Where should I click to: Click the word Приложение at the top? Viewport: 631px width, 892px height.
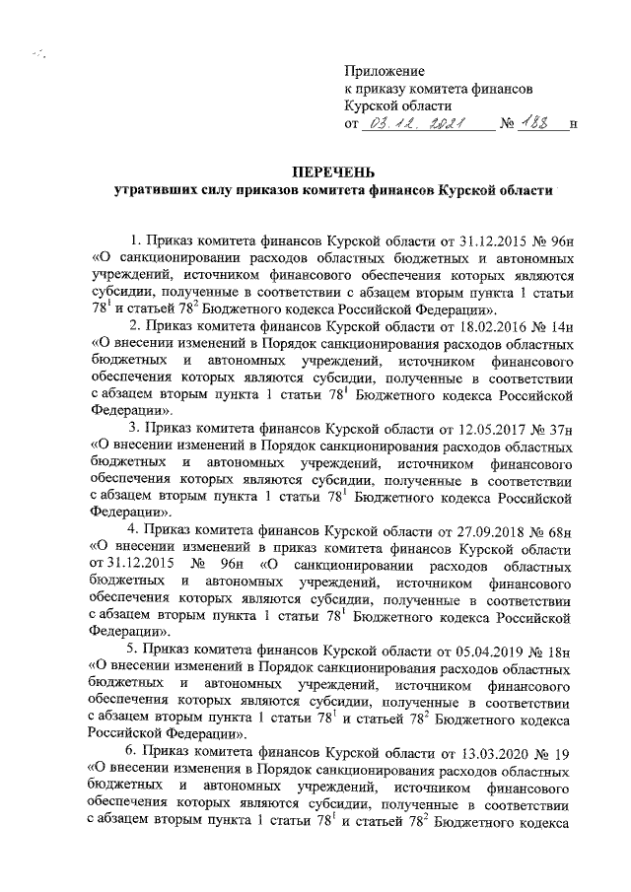click(385, 70)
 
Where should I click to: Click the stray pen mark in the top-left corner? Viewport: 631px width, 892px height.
click(38, 55)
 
